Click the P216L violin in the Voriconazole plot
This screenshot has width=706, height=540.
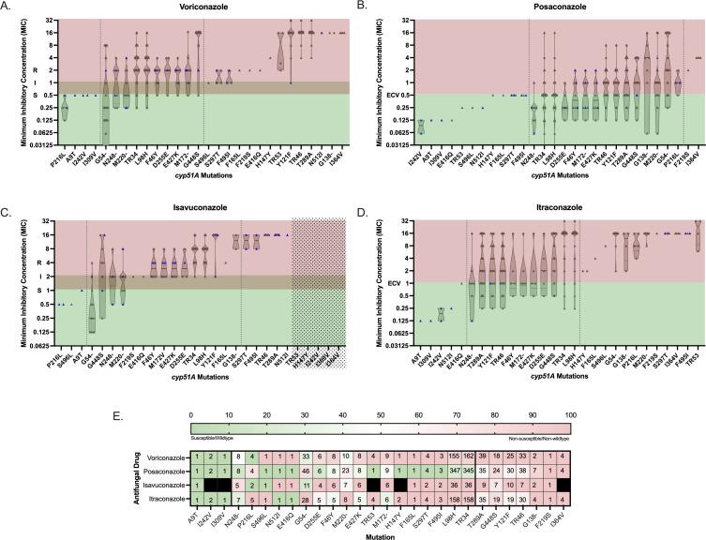coord(65,109)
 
